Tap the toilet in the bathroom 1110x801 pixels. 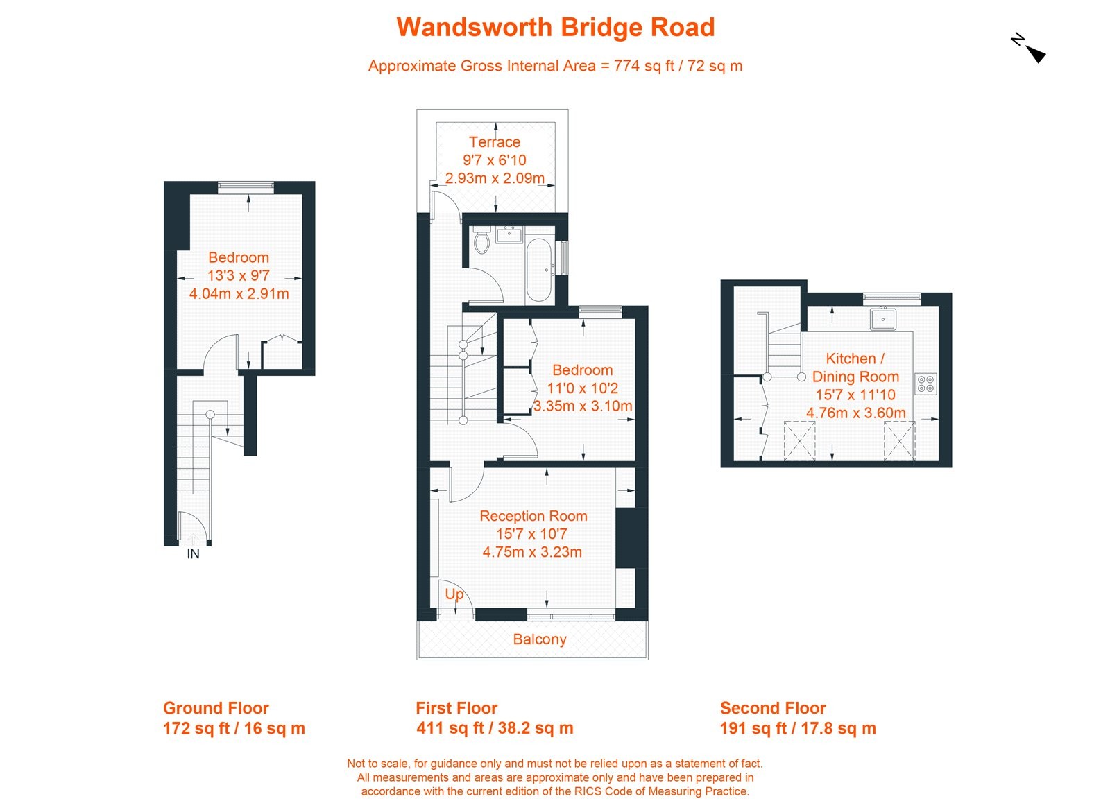pyautogui.click(x=481, y=241)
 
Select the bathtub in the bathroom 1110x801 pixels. pyautogui.click(x=538, y=270)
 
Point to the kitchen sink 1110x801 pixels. pyautogui.click(x=883, y=319)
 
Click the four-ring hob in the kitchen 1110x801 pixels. pyautogui.click(x=925, y=384)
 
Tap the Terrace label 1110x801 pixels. pyautogui.click(x=494, y=142)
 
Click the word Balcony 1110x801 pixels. pyautogui.click(x=539, y=639)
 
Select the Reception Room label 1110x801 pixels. pyautogui.click(x=533, y=516)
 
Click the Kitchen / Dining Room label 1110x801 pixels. pyautogui.click(x=855, y=368)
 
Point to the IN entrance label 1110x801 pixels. pyautogui.click(x=193, y=554)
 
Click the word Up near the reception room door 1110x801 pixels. pyautogui.click(x=454, y=594)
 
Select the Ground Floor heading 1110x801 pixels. pyautogui.click(x=216, y=708)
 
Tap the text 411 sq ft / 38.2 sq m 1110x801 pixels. pyautogui.click(x=495, y=728)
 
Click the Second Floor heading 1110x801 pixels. pyautogui.click(x=773, y=708)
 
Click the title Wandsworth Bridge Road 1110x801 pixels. pyautogui.click(x=555, y=28)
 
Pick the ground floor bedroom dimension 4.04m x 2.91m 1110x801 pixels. pyautogui.click(x=239, y=293)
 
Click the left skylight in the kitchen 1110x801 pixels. pyautogui.click(x=799, y=440)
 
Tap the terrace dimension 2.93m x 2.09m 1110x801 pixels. pyautogui.click(x=494, y=178)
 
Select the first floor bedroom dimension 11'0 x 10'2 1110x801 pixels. pyautogui.click(x=582, y=388)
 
